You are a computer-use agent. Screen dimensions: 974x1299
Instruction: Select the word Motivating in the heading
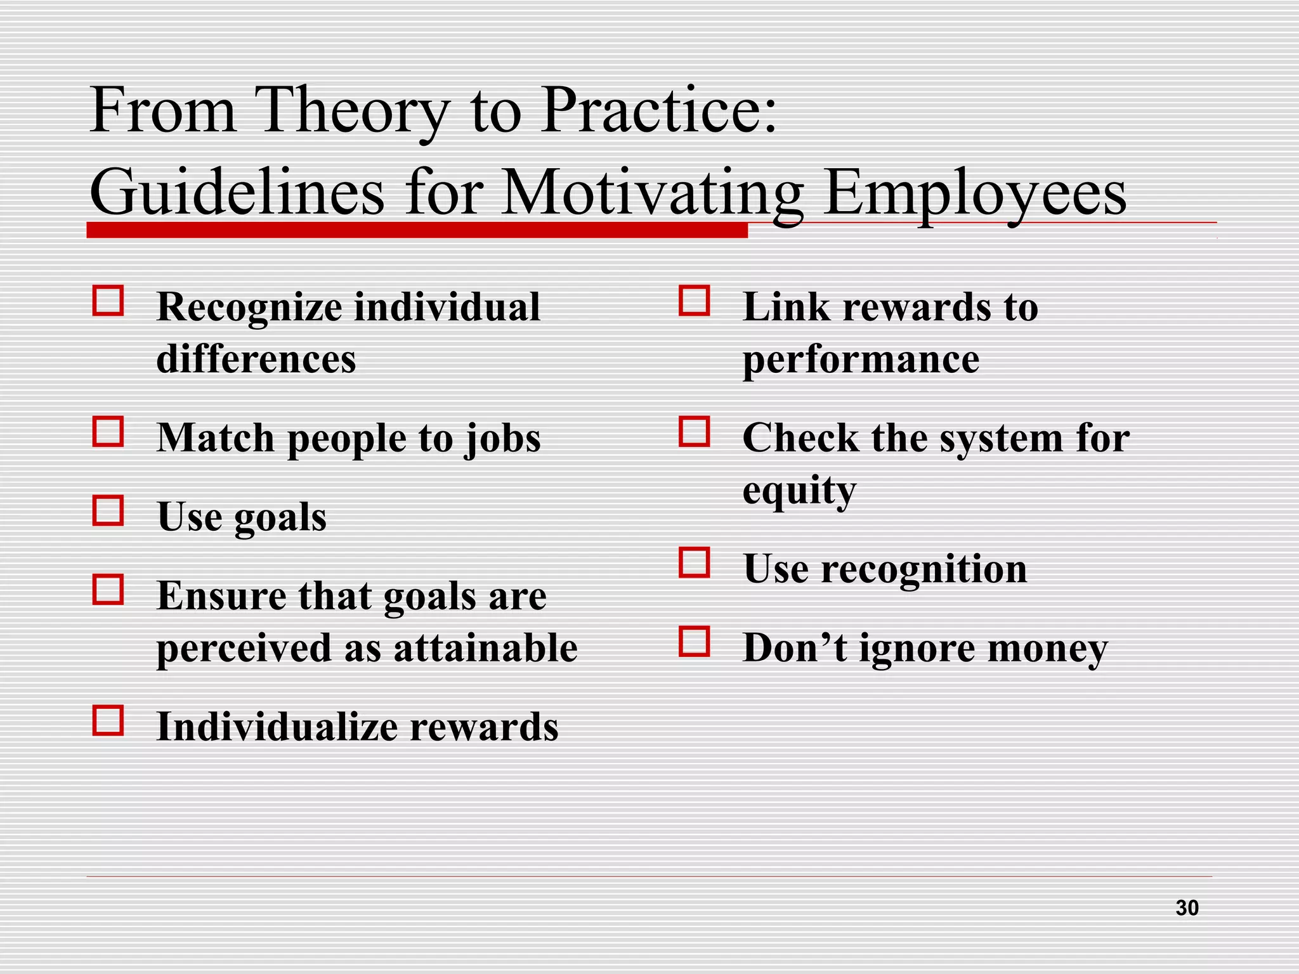tap(652, 192)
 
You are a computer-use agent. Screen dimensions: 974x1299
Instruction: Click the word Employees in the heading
tap(976, 192)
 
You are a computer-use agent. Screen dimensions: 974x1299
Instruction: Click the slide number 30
tap(1187, 907)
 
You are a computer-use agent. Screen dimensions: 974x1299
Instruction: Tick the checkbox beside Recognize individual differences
tap(108, 301)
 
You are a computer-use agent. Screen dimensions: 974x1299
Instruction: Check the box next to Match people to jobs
tap(108, 432)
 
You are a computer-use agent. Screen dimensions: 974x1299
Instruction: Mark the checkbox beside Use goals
tap(108, 510)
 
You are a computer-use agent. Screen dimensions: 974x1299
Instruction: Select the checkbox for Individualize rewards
tap(108, 720)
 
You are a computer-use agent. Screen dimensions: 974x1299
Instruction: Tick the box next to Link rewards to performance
tap(694, 301)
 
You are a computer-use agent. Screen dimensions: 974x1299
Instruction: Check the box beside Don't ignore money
tap(694, 641)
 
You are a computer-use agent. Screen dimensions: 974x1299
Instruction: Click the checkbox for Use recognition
tap(694, 562)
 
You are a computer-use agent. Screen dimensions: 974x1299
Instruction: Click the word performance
tap(861, 360)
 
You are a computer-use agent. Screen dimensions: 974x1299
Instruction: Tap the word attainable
tap(485, 648)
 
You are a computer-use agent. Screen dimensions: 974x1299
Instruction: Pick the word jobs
tap(502, 439)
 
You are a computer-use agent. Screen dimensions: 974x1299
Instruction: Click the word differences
tap(256, 359)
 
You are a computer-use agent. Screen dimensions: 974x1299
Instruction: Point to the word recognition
tap(924, 569)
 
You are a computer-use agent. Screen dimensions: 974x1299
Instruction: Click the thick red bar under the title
tap(417, 230)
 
